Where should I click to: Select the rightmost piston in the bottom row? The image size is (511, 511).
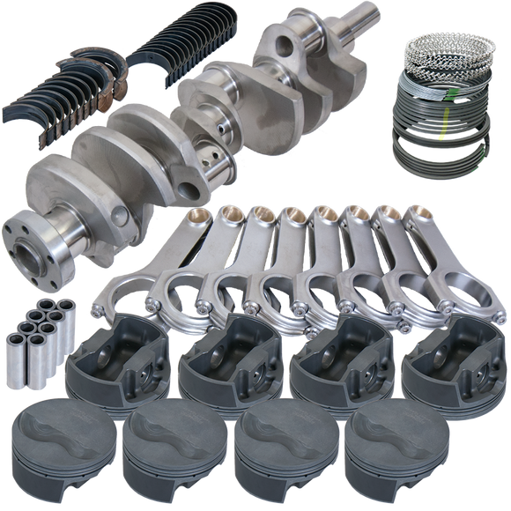[x=383, y=449]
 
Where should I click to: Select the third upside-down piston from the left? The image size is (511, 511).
[x=335, y=357]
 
